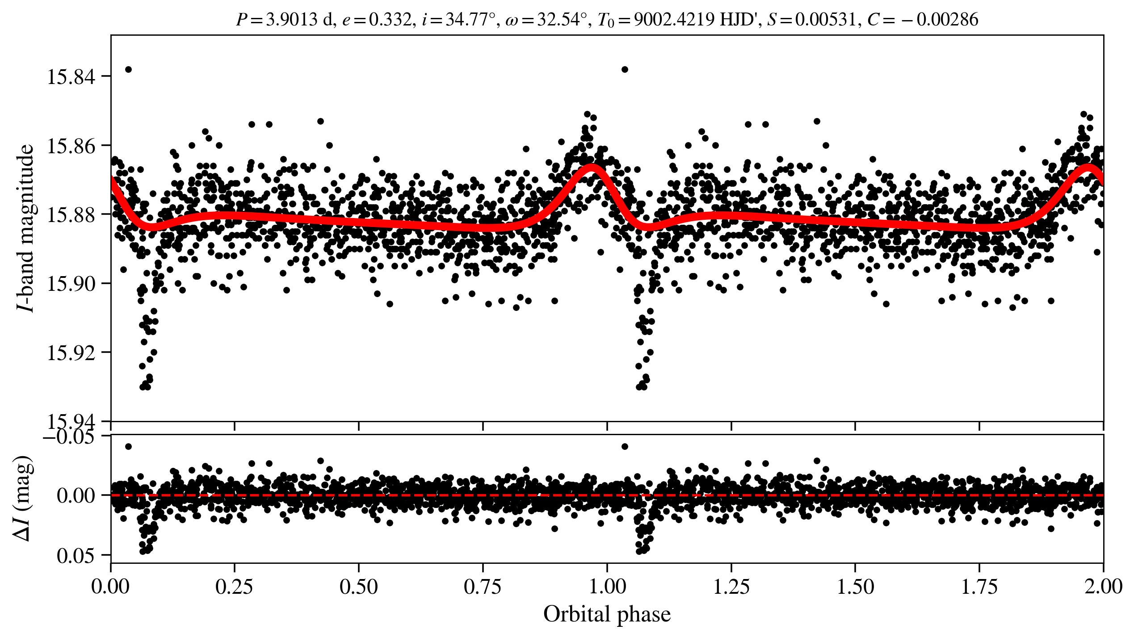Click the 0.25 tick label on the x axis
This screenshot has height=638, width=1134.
click(x=235, y=587)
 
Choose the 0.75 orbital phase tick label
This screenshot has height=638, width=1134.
click(x=483, y=587)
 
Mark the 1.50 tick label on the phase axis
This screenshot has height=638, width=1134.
click(x=855, y=587)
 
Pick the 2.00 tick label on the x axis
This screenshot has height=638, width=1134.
click(x=1103, y=587)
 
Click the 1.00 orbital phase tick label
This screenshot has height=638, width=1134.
click(x=607, y=587)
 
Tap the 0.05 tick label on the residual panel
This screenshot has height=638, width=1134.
click(x=76, y=556)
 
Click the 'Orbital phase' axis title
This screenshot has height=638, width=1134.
click(x=607, y=614)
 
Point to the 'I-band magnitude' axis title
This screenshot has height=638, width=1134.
click(x=26, y=228)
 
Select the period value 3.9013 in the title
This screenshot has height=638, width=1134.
click(x=291, y=20)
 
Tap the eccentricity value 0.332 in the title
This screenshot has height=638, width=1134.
click(x=390, y=20)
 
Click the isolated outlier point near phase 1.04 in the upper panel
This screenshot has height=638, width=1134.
click(x=625, y=69)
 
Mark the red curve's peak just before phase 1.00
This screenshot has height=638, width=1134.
click(x=592, y=168)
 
